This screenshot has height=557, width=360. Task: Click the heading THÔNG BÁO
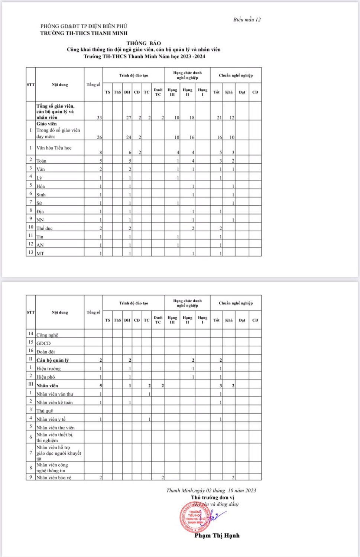(143, 43)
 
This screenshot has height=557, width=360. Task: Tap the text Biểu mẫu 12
(247, 20)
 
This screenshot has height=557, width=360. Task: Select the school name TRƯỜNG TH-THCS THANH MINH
(84, 33)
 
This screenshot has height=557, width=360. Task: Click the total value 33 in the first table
(99, 117)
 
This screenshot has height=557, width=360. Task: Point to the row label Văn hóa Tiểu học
(54, 148)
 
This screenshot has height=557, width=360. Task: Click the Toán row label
(41, 161)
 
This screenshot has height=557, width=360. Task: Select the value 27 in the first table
(129, 117)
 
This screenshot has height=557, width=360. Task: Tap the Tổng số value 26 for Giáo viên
(99, 137)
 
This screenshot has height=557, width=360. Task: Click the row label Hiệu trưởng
(48, 368)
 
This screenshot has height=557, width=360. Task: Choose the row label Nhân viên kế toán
(54, 402)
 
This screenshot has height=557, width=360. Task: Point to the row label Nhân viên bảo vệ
(53, 478)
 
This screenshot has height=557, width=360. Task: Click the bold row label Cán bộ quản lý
(52, 360)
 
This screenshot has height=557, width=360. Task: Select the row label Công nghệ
(47, 335)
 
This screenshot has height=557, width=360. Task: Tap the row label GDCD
(43, 343)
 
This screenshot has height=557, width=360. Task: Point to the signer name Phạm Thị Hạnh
(217, 535)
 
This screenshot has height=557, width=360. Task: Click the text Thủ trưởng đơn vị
(213, 497)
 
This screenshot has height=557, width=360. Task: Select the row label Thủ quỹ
(45, 411)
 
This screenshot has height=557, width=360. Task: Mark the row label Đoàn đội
(45, 352)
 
